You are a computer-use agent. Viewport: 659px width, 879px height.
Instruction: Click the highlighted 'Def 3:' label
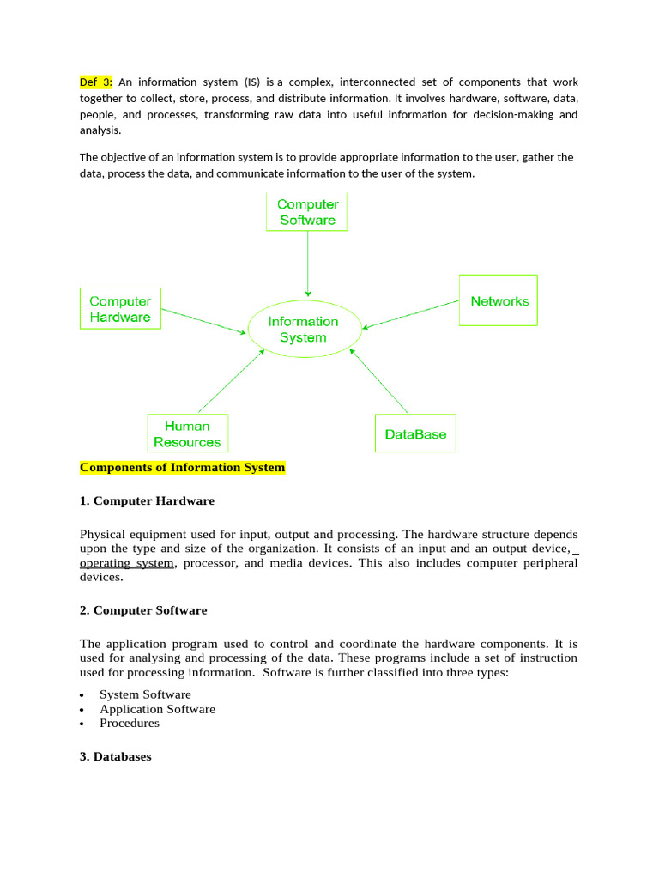point(96,82)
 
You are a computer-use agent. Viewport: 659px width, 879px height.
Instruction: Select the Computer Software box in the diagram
point(307,212)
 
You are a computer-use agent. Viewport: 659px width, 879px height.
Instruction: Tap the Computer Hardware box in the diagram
point(120,309)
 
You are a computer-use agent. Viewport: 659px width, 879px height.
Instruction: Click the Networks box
point(499,300)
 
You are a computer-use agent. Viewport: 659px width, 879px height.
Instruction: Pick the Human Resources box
point(187,433)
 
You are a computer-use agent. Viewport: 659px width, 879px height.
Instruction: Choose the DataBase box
point(415,434)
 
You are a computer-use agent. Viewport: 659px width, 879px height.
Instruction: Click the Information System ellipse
point(303,330)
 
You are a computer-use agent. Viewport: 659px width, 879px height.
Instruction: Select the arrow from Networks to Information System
point(412,314)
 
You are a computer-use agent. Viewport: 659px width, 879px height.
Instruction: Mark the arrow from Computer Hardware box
point(203,321)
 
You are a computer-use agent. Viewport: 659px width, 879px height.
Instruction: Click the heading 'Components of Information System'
point(182,468)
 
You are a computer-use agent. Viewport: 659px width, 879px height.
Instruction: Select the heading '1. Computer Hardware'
point(147,500)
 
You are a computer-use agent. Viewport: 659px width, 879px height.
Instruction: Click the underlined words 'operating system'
point(127,563)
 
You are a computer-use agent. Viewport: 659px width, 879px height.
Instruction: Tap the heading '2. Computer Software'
point(143,610)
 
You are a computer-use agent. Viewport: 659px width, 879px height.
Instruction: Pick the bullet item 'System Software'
point(145,694)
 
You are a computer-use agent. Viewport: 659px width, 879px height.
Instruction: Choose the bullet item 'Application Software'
point(157,709)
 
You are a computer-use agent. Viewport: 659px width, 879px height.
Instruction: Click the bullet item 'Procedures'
point(130,723)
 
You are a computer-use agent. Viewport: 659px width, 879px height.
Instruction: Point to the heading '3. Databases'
point(115,756)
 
